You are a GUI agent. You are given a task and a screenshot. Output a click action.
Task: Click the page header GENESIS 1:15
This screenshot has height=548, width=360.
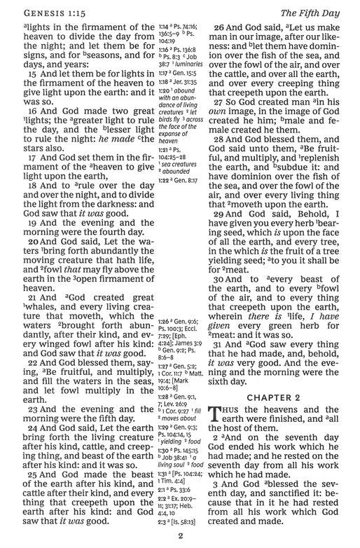click(44, 12)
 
